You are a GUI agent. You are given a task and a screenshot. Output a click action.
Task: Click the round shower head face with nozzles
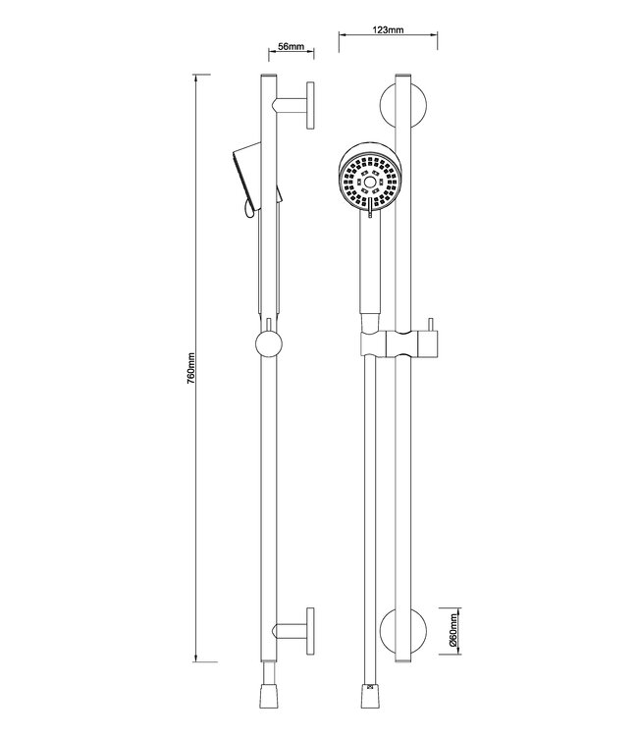pyautogui.click(x=368, y=181)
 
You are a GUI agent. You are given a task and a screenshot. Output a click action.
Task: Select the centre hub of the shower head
pyautogui.click(x=368, y=181)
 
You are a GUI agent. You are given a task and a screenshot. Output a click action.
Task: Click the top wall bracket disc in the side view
pyautogui.click(x=310, y=104)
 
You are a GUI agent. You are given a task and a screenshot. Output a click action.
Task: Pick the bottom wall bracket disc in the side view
pyautogui.click(x=310, y=628)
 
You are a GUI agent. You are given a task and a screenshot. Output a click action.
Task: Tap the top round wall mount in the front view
pyautogui.click(x=402, y=105)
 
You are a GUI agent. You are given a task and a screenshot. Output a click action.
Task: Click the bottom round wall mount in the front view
pyautogui.click(x=402, y=628)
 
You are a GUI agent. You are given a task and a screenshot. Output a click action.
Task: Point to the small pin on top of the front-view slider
pyautogui.click(x=429, y=326)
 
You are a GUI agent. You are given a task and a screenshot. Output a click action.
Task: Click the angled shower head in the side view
pyautogui.click(x=246, y=177)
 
